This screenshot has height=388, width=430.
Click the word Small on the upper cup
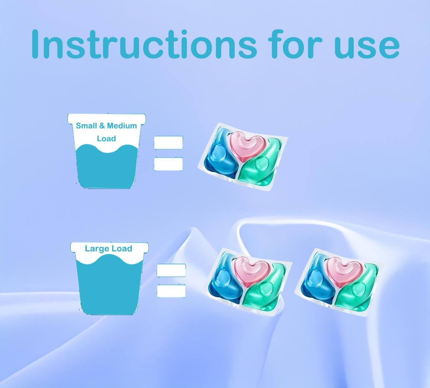pos(86,126)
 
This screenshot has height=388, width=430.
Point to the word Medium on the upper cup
pos(122,126)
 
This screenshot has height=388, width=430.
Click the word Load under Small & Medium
pos(106,138)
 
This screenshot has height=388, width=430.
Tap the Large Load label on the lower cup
pos(108,249)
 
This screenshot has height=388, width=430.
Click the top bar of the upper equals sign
pos(168,142)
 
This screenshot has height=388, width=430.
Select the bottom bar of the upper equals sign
pos(168,164)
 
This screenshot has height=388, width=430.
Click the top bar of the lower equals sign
pos(171,270)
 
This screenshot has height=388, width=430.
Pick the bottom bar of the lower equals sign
pos(171,290)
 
